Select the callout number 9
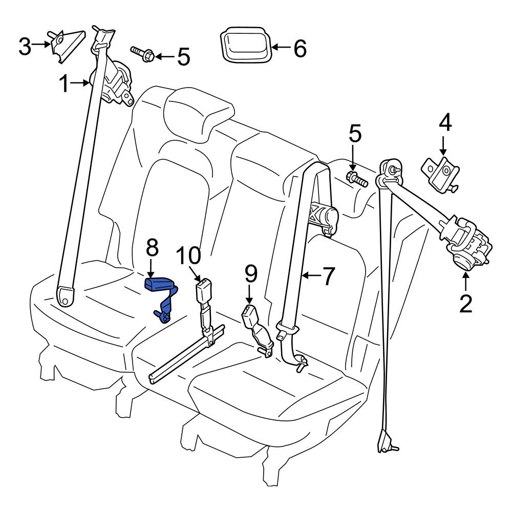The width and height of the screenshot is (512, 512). [x=250, y=275]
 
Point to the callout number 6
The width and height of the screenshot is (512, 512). [x=300, y=49]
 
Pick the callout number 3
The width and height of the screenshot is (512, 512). [x=25, y=47]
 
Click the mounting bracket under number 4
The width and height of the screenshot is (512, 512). [x=439, y=174]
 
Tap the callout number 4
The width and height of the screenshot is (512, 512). [x=444, y=123]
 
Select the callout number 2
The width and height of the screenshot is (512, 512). [x=465, y=303]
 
